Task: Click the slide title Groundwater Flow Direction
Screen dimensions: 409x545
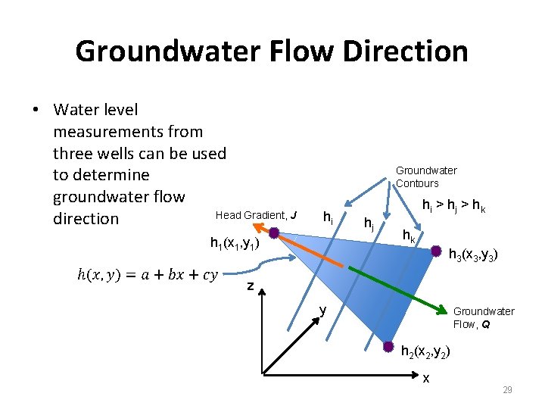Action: click(272, 52)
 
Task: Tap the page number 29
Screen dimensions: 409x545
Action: click(507, 389)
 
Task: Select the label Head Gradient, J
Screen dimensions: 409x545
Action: click(256, 216)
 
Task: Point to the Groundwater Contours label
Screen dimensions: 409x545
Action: click(426, 177)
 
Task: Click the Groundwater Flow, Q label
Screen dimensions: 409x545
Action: click(483, 317)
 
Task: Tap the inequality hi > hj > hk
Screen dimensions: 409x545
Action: click(453, 206)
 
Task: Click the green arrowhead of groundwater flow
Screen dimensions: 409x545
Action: click(443, 308)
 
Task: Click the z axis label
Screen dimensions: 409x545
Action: click(250, 286)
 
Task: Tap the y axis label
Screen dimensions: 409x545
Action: click(322, 310)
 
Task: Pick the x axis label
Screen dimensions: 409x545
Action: click(426, 378)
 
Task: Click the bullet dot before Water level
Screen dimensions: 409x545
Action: click(36, 111)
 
